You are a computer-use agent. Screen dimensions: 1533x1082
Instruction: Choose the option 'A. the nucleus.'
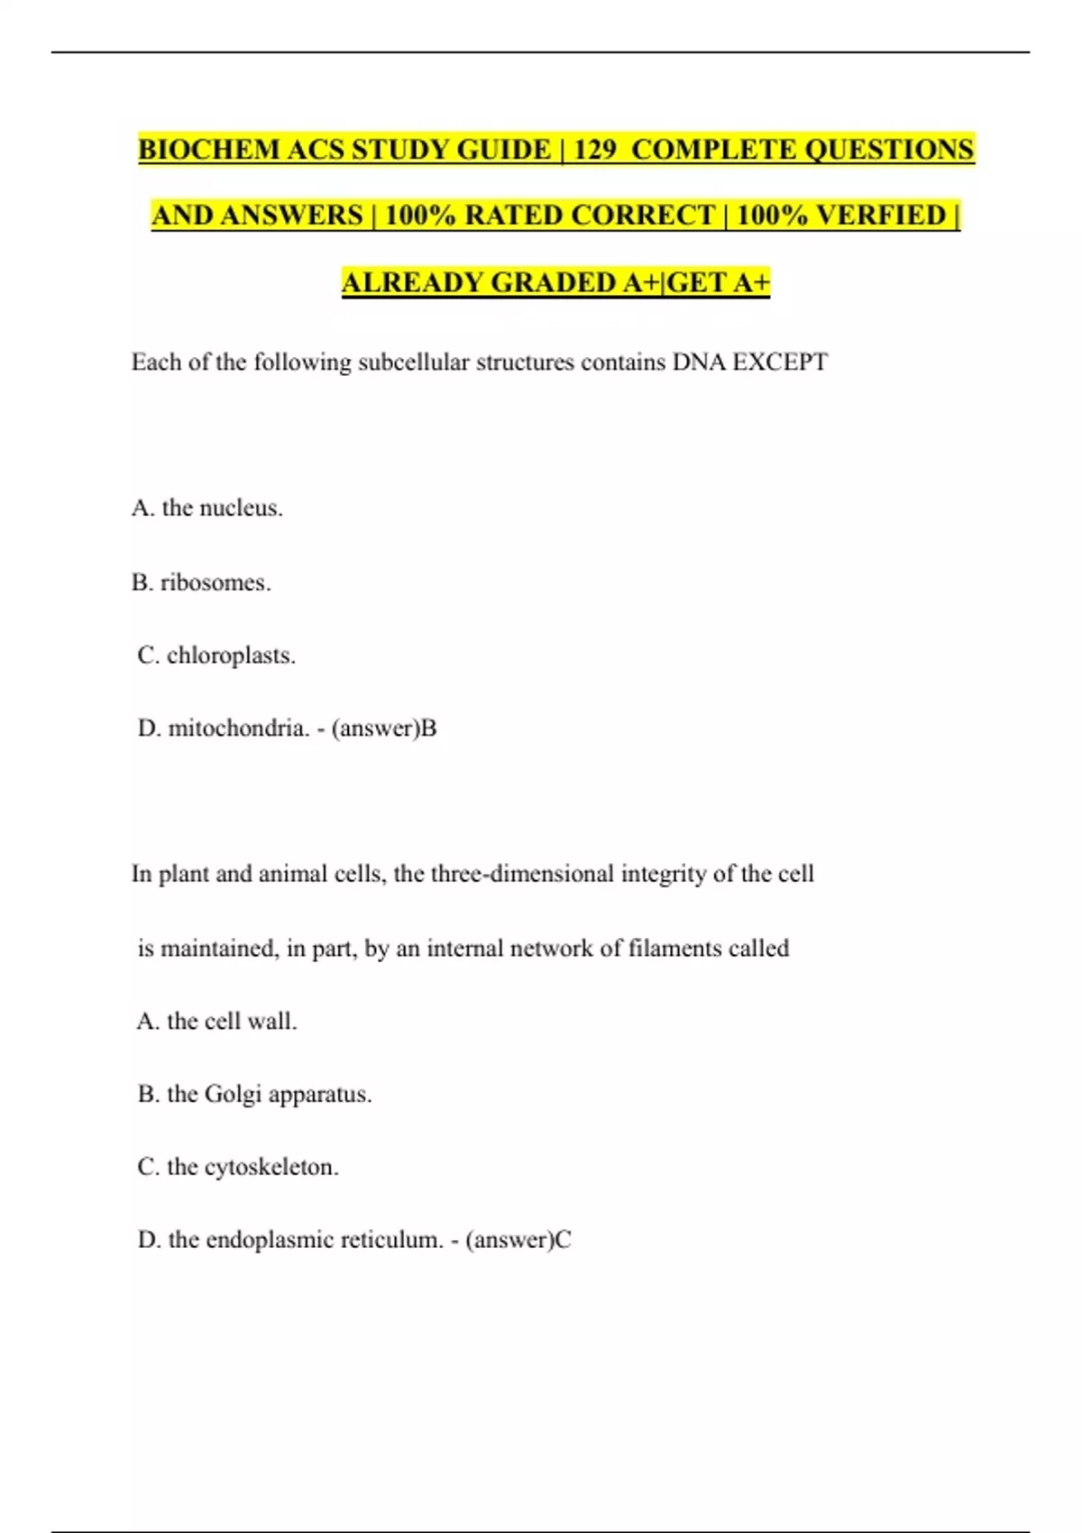[x=207, y=509]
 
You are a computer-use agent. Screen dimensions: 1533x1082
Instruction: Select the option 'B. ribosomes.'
[x=201, y=583]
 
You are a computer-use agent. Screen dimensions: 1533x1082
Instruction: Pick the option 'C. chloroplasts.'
[x=216, y=656]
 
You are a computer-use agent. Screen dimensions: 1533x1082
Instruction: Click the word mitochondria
[x=239, y=729]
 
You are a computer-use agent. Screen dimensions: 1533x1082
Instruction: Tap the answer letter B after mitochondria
[x=429, y=729]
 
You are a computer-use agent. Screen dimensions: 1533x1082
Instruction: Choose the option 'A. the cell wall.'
[x=217, y=1022]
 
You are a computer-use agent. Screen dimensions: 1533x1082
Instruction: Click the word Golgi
[x=233, y=1095]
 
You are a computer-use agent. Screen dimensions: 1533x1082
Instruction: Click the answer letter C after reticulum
[x=563, y=1241]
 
